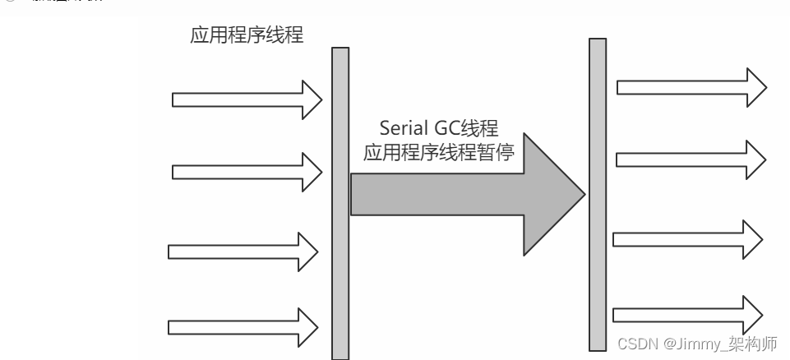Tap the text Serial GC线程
(x=439, y=128)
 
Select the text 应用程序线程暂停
(x=439, y=153)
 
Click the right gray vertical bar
(x=598, y=194)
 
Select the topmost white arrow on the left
(x=247, y=99)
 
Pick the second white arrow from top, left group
(x=247, y=171)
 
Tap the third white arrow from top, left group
(x=243, y=250)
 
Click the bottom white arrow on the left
(x=243, y=326)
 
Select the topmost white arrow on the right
(x=691, y=86)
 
